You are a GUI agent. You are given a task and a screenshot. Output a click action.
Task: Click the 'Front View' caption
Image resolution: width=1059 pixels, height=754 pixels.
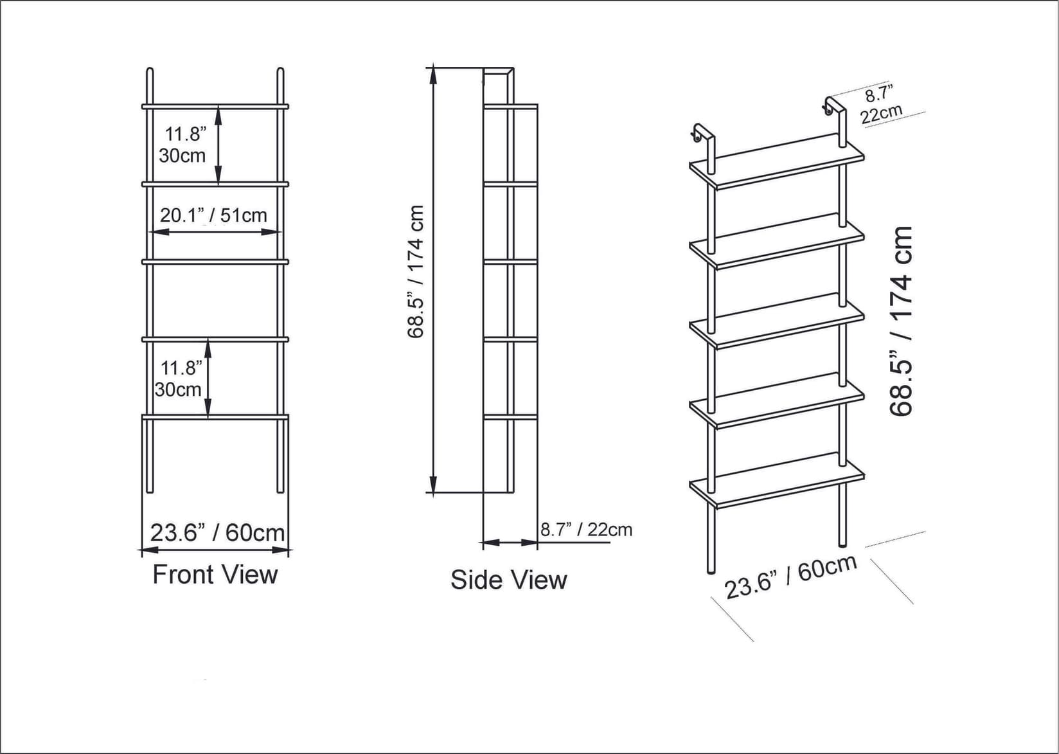(215, 575)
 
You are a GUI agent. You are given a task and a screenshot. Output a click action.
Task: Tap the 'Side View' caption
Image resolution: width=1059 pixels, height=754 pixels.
(508, 580)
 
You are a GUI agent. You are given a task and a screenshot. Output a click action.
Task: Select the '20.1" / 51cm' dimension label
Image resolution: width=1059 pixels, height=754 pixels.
(213, 215)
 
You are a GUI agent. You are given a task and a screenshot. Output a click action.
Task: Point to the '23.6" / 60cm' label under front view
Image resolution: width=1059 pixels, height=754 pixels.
(217, 533)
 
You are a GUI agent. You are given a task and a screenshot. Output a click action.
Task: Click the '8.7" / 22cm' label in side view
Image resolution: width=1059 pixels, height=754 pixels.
(586, 530)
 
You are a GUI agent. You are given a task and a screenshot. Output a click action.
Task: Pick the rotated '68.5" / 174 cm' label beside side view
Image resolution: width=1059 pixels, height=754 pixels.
(416, 271)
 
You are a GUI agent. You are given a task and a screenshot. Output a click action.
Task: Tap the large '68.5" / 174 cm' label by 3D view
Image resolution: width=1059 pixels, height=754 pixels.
(902, 321)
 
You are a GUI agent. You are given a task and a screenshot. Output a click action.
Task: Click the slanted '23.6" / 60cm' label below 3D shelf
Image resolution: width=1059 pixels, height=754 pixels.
(791, 576)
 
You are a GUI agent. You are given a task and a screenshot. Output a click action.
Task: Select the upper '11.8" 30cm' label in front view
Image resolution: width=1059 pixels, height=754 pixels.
(183, 145)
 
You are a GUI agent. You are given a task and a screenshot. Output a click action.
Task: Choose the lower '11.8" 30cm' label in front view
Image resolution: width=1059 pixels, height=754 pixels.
(179, 379)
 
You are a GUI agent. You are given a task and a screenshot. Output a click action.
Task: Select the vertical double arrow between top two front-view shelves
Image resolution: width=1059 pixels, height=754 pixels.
(218, 145)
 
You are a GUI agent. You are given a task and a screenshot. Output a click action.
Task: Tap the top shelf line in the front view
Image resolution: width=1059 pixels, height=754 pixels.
(215, 106)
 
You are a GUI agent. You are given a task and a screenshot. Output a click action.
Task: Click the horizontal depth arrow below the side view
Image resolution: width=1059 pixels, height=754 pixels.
(510, 543)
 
